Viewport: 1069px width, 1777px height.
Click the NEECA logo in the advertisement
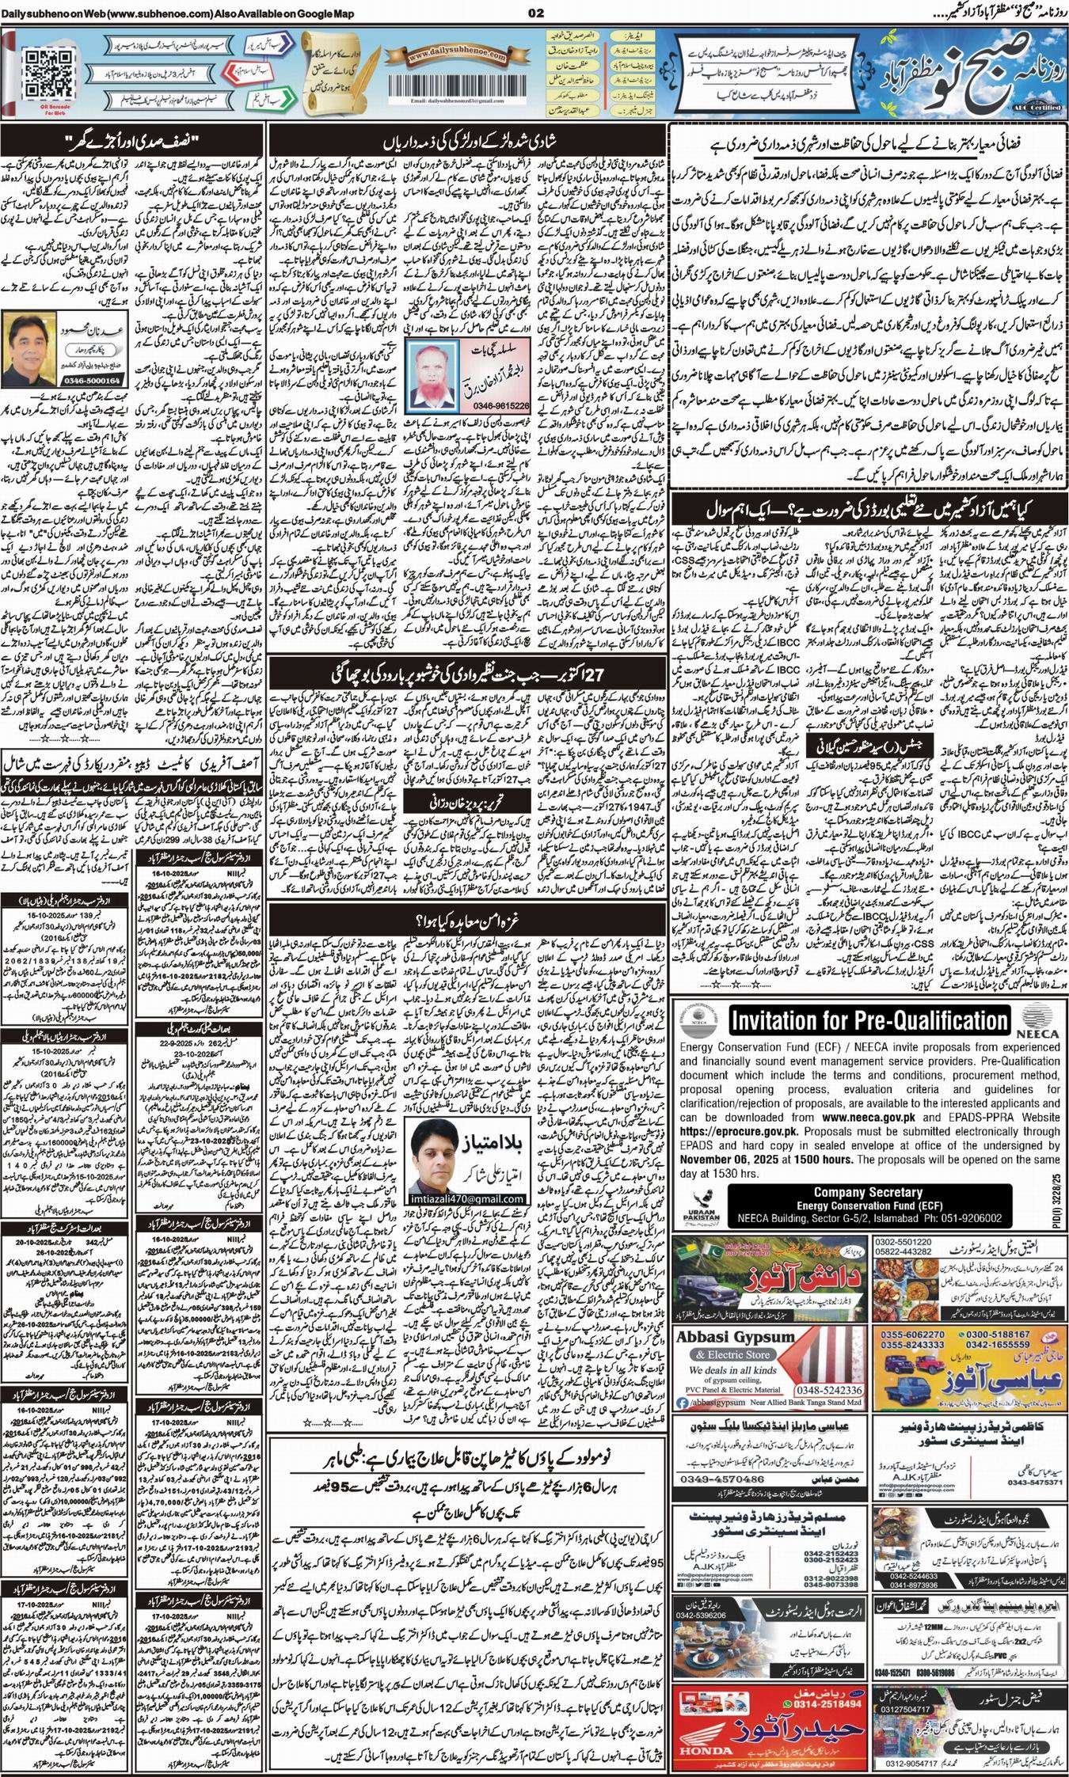pos(1034,1021)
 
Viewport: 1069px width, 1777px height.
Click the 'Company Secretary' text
pos(868,1192)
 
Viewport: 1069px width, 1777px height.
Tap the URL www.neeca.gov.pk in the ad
pos(868,1118)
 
